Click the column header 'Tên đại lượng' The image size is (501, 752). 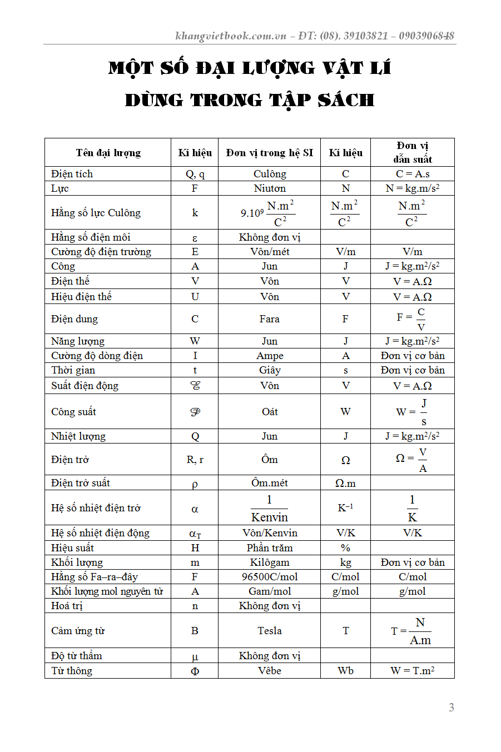(108, 153)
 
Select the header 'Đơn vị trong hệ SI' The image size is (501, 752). (269, 153)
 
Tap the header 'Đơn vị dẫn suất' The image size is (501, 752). (413, 152)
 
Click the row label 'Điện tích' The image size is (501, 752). (72, 174)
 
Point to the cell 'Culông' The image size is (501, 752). (270, 174)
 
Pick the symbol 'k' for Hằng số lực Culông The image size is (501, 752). (195, 212)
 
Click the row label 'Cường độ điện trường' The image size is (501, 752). (101, 252)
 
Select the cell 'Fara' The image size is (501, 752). (269, 319)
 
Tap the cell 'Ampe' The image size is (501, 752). (270, 356)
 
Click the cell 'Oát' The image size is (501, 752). (270, 412)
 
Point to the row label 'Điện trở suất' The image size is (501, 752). (81, 483)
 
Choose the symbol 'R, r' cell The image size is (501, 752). (195, 460)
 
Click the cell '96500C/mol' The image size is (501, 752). (270, 577)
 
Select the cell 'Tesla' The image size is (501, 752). (270, 631)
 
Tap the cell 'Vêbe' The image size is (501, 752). (270, 671)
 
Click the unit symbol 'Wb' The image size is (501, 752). (345, 671)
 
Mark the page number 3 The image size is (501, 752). (451, 708)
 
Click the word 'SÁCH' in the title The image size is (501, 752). (346, 101)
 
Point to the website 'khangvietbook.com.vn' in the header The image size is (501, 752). (231, 36)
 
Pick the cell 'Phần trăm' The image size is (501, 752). (270, 548)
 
